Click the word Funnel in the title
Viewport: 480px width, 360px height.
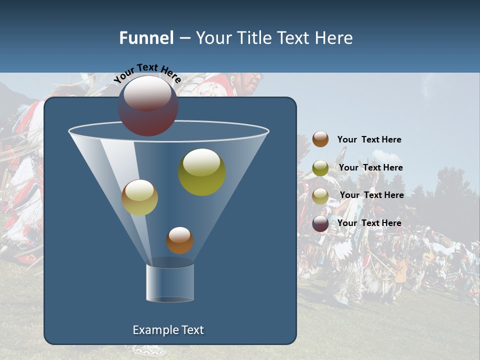[x=146, y=38]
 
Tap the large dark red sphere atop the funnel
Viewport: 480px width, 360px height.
[x=147, y=105]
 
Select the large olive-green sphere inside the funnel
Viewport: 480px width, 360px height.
[x=202, y=172]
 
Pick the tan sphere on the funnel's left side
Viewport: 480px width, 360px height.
[x=139, y=197]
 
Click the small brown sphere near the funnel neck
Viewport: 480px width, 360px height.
[x=179, y=240]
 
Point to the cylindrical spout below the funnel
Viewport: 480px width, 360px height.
[x=170, y=283]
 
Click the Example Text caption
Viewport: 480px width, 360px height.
[x=168, y=330]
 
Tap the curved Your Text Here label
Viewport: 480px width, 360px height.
[x=147, y=73]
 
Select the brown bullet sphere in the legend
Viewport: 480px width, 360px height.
[x=320, y=139]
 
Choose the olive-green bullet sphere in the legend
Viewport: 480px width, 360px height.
[x=320, y=168]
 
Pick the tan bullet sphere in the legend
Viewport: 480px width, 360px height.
[x=320, y=196]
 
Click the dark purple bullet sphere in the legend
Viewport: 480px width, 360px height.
[x=320, y=223]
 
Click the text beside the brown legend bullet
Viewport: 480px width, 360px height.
[x=369, y=140]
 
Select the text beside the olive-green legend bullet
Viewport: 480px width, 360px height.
[x=370, y=168]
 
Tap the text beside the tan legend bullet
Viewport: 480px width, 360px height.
[x=371, y=195]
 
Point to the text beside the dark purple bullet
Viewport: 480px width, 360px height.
[x=369, y=223]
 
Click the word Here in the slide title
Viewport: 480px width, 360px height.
[x=334, y=38]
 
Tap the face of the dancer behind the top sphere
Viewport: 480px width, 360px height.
[x=252, y=80]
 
